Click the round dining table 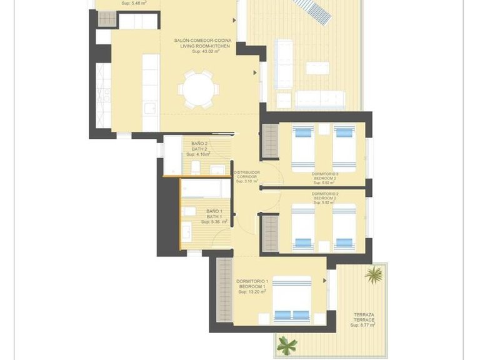[198, 89]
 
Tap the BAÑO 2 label [199, 144]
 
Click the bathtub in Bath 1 [206, 189]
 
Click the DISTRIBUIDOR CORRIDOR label [246, 174]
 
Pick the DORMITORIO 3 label [324, 174]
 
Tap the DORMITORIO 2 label [324, 194]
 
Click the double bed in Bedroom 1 [291, 299]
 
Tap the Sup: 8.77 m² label [362, 325]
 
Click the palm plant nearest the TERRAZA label [374, 275]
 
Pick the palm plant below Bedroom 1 [287, 344]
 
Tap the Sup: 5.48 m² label [131, 3]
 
